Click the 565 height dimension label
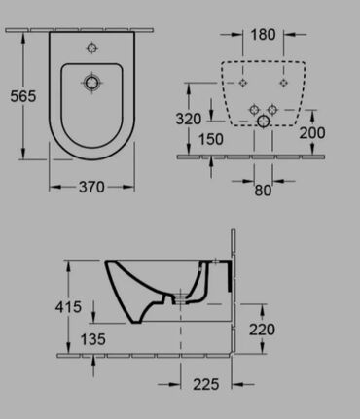pyautogui.click(x=22, y=96)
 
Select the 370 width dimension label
pyautogui.click(x=92, y=185)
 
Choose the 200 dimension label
pyautogui.click(x=312, y=132)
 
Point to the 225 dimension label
pyautogui.click(x=231, y=384)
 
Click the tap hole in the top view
pyautogui.click(x=92, y=46)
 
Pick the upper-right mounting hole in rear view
pyautogui.click(x=282, y=83)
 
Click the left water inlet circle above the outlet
pyautogui.click(x=252, y=107)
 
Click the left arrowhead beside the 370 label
pyautogui.click(x=52, y=185)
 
